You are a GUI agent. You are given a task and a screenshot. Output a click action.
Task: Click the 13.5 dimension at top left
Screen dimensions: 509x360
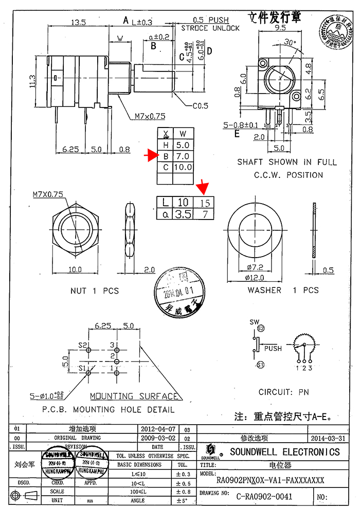click(78, 23)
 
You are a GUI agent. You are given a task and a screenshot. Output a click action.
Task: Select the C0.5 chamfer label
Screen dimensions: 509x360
click(201, 106)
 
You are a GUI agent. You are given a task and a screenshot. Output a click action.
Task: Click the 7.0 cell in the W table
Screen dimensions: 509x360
click(183, 156)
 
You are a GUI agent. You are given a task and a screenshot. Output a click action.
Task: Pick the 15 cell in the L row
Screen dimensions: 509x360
click(205, 203)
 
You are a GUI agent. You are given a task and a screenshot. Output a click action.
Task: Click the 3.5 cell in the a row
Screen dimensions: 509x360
click(183, 214)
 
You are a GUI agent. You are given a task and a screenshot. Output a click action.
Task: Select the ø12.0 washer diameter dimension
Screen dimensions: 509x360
click(256, 278)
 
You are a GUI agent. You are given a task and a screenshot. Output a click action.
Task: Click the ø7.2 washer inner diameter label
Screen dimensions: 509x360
click(256, 267)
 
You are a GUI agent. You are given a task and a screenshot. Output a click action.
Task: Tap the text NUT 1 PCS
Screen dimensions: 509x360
click(94, 291)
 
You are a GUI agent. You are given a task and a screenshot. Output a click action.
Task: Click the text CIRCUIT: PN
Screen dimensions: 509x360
click(284, 392)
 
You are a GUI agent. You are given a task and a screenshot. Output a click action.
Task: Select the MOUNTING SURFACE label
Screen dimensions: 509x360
click(134, 396)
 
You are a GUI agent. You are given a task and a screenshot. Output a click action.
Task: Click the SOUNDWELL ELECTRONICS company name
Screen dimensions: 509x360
click(284, 452)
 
